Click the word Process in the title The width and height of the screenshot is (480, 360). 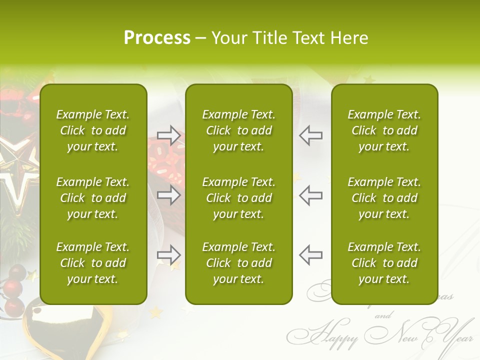pyautogui.click(x=157, y=38)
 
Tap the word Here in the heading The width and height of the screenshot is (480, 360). pyautogui.click(x=349, y=38)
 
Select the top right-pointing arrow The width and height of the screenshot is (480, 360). pyautogui.click(x=169, y=135)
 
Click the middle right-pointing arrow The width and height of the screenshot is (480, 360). pyautogui.click(x=169, y=195)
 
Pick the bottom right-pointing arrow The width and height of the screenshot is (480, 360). pyautogui.click(x=169, y=255)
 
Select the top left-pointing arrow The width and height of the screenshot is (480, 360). pyautogui.click(x=310, y=135)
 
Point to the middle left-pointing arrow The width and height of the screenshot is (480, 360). pyautogui.click(x=310, y=195)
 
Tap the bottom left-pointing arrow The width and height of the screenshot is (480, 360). pyautogui.click(x=310, y=255)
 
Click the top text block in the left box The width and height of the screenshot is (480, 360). pyautogui.click(x=93, y=130)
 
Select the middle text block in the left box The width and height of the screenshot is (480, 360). pyautogui.click(x=93, y=198)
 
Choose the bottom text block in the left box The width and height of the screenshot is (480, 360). pyautogui.click(x=93, y=263)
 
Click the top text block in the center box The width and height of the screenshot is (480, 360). pyautogui.click(x=238, y=130)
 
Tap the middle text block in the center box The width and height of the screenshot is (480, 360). pyautogui.click(x=238, y=198)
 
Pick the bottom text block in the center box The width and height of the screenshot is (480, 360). pyautogui.click(x=238, y=263)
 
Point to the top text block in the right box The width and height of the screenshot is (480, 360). pyautogui.click(x=384, y=130)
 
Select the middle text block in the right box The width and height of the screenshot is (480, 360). pyautogui.click(x=384, y=198)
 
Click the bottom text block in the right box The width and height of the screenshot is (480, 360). pyautogui.click(x=384, y=263)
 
